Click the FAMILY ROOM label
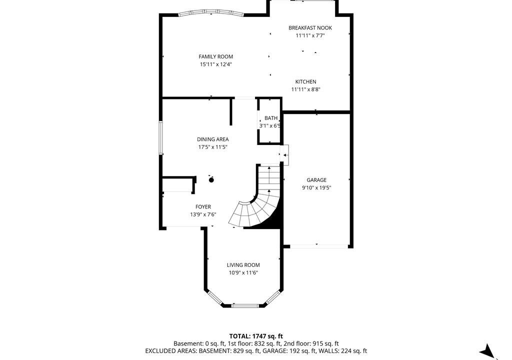click(216, 57)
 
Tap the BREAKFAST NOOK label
click(310, 28)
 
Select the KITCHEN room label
click(305, 81)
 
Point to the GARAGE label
click(316, 180)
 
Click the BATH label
click(271, 118)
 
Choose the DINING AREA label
click(212, 139)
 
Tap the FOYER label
click(203, 207)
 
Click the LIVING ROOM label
click(243, 265)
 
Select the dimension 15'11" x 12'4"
click(216, 64)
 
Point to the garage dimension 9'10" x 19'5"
click(316, 188)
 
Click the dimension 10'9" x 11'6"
click(243, 273)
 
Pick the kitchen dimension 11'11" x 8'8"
click(305, 89)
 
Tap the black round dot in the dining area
click(211, 179)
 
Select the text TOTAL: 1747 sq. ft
click(256, 336)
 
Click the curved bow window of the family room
click(211, 12)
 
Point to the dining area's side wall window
click(160, 137)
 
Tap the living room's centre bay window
click(245, 306)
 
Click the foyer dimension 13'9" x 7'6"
click(203, 214)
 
